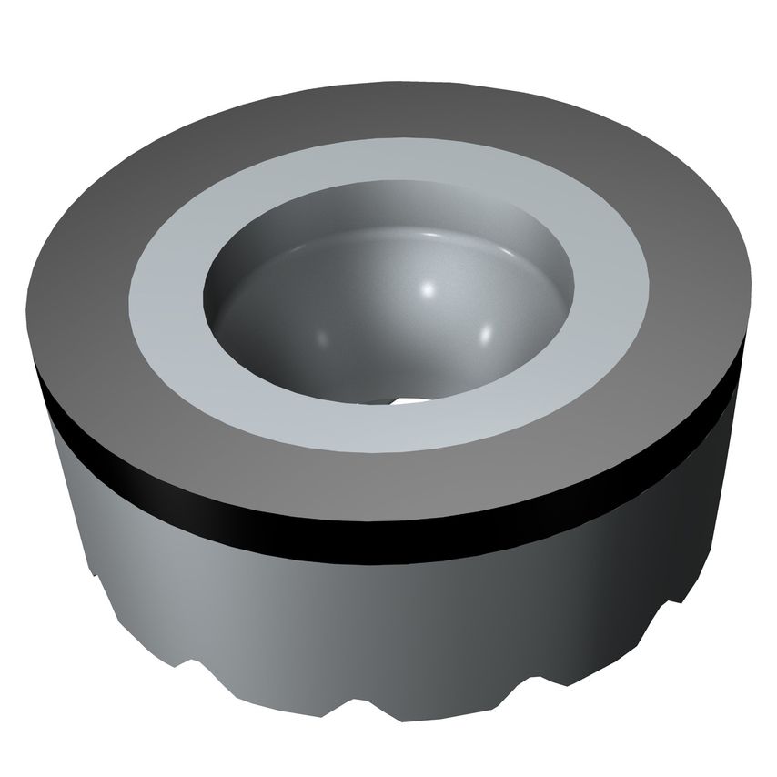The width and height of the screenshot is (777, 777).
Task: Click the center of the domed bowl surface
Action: click(x=391, y=318)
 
